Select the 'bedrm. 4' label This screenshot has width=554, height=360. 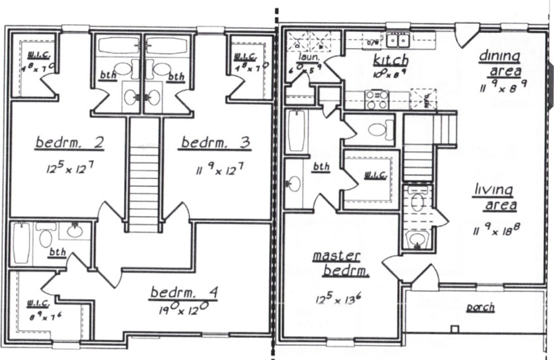pos(184,293)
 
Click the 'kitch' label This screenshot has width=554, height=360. pos(390,60)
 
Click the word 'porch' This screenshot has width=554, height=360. pos(480,308)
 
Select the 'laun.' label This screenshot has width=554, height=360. pos(308,57)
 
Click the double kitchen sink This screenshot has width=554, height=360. pos(399,41)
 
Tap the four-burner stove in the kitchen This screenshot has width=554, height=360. pos(377,100)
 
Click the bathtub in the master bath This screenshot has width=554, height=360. pos(296,130)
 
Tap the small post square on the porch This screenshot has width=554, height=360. pos(454,329)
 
